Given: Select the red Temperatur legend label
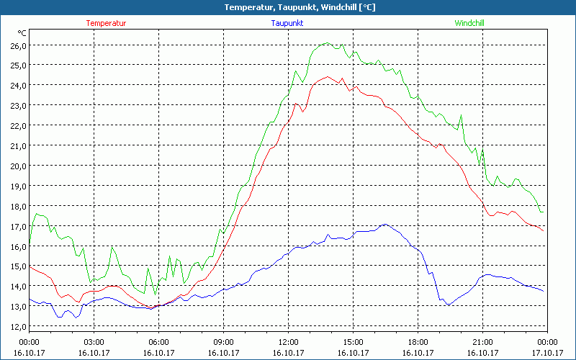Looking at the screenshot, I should click(x=106, y=23).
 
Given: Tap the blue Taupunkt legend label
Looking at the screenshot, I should click(x=287, y=23).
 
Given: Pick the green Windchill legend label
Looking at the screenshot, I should click(x=469, y=23).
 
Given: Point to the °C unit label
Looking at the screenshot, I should click(x=22, y=33).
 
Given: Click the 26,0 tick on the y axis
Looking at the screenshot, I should click(x=17, y=45).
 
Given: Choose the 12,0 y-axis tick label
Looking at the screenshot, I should click(x=17, y=327).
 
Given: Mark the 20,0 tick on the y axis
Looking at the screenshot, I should click(x=17, y=166).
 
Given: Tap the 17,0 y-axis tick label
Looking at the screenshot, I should click(x=17, y=226).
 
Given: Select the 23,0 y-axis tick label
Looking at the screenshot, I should click(x=17, y=106).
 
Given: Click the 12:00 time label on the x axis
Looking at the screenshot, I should click(x=289, y=342).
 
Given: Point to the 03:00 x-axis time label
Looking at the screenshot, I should click(x=94, y=342).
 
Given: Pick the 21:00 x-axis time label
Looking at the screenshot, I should click(x=482, y=342).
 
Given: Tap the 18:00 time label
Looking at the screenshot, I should click(x=418, y=342).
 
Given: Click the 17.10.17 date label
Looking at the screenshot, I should click(x=547, y=353).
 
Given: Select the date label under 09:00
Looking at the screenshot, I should click(x=224, y=353).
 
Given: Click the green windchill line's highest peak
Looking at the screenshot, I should click(x=326, y=43).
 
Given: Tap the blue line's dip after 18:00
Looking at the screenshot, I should click(x=448, y=305).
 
